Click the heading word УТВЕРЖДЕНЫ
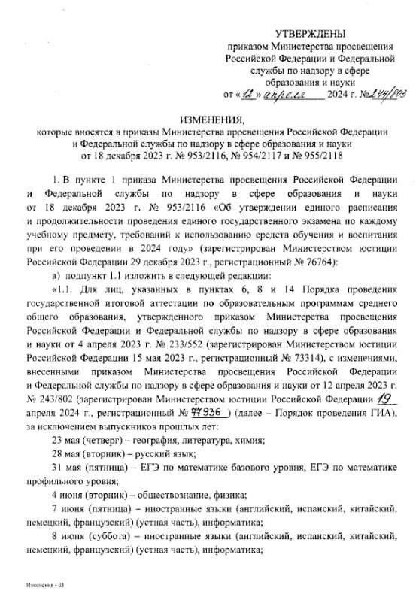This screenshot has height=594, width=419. tap(311, 34)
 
